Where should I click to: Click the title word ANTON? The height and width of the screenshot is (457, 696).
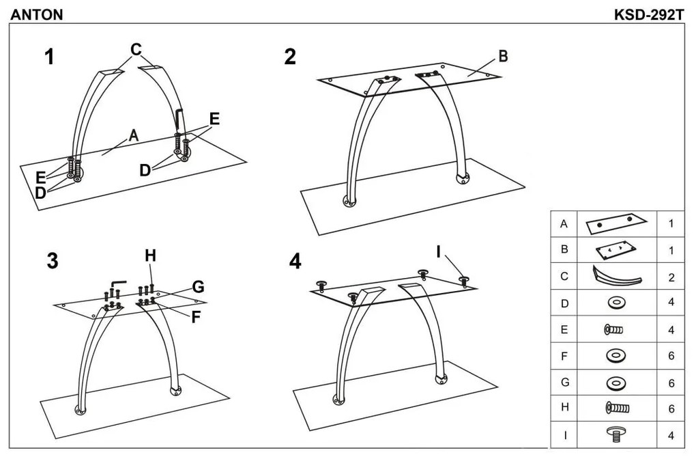(x=37, y=14)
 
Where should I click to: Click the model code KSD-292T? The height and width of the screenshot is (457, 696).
(x=650, y=14)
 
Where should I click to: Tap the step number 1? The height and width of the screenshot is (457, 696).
(x=49, y=57)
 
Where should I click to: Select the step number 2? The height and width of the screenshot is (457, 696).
(x=290, y=57)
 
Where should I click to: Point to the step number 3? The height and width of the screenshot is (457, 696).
(x=53, y=261)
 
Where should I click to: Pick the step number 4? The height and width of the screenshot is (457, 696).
(x=295, y=261)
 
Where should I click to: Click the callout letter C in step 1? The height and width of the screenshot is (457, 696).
(x=136, y=49)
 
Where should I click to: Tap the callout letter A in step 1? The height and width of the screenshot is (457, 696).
(x=133, y=135)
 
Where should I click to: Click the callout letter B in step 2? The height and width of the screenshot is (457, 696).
(x=503, y=57)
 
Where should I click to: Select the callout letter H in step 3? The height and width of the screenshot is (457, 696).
(x=151, y=255)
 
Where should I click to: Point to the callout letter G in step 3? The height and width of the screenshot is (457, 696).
(x=198, y=287)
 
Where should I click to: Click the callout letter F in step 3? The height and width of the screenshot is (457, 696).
(x=196, y=317)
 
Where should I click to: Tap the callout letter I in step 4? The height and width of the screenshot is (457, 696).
(x=438, y=252)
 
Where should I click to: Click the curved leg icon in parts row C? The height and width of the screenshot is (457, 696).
(x=617, y=276)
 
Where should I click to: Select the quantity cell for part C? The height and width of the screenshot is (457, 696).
(x=671, y=277)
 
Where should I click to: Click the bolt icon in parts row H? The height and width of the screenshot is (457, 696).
(x=617, y=408)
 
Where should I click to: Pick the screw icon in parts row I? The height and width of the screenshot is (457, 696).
(x=617, y=434)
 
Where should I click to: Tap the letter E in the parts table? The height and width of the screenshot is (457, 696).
(x=564, y=329)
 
